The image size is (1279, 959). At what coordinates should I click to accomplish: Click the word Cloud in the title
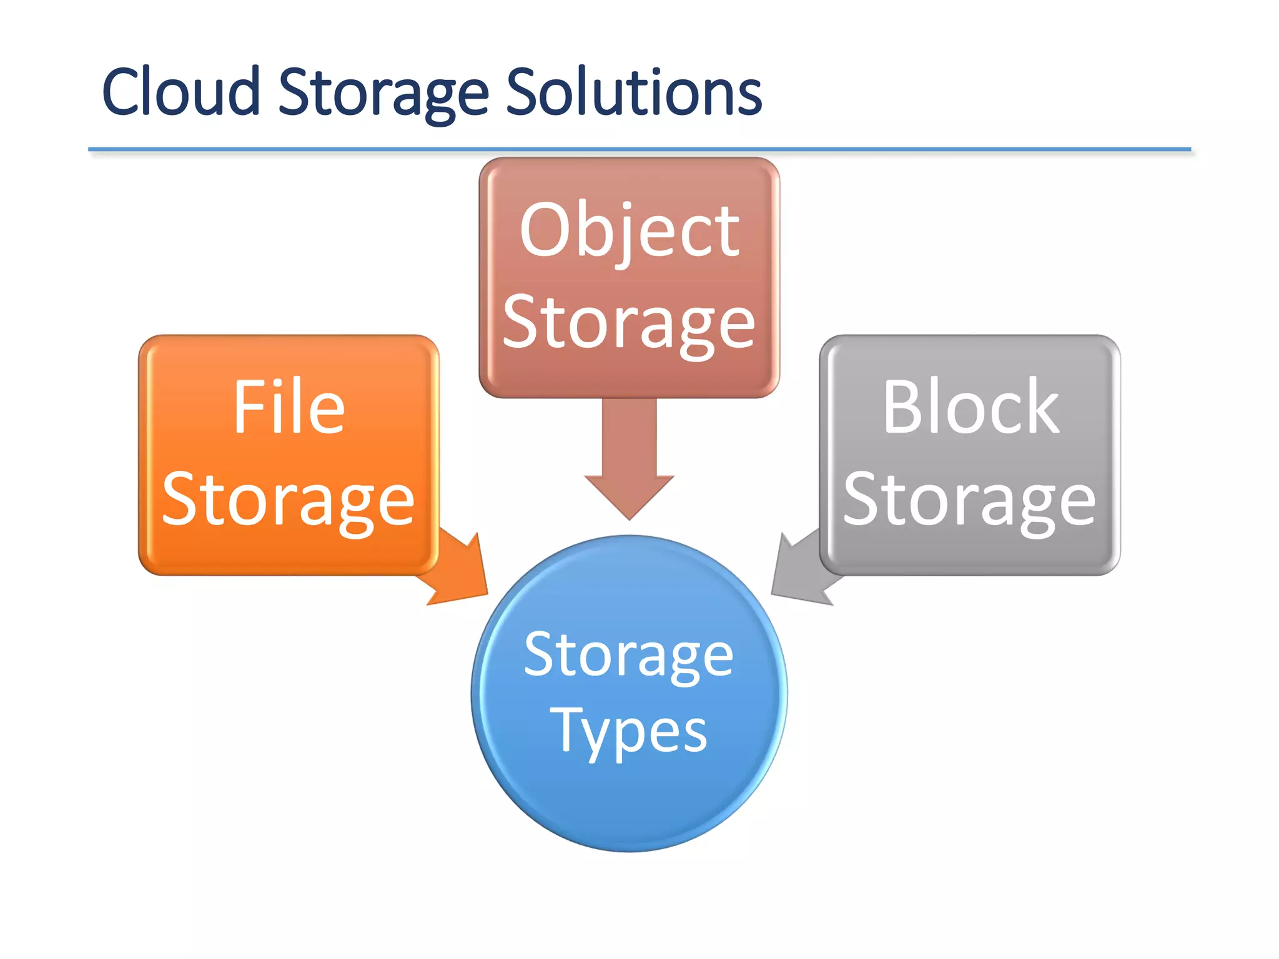(180, 92)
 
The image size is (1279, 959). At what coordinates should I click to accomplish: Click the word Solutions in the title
(633, 92)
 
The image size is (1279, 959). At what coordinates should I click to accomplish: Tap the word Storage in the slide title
(383, 94)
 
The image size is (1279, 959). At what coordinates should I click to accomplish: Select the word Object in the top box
(630, 232)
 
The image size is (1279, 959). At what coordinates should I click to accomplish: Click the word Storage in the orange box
(288, 501)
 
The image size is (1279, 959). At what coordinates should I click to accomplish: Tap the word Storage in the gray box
(969, 501)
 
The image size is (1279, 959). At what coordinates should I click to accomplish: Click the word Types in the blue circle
(629, 732)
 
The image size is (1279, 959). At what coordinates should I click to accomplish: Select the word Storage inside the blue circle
(629, 655)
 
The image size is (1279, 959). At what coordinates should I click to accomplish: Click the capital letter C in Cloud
(122, 92)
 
